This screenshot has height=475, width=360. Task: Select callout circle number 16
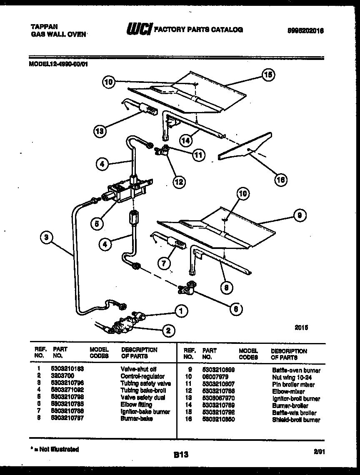click(x=281, y=179)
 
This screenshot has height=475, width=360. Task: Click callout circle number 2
click(x=167, y=331)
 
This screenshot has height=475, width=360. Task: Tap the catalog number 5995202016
click(x=305, y=30)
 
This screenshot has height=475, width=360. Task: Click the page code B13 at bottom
click(x=180, y=455)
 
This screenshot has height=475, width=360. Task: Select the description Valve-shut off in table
click(x=138, y=369)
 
